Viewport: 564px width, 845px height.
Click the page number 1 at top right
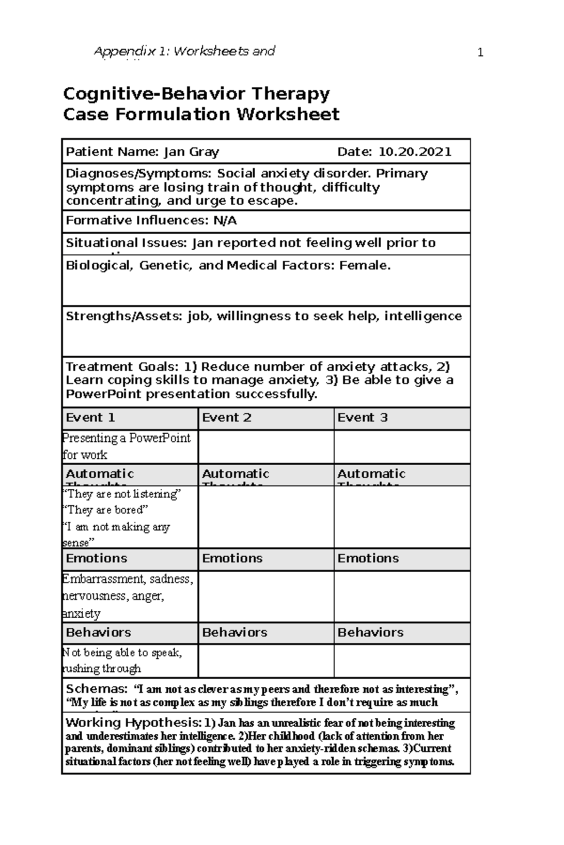tap(480, 53)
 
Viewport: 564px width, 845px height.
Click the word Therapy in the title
tap(290, 94)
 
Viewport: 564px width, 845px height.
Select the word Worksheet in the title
tap(288, 114)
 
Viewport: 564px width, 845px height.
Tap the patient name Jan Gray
tap(191, 152)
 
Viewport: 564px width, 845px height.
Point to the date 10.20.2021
tap(415, 152)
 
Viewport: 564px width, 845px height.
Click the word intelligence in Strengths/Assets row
tap(423, 316)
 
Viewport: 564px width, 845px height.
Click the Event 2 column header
tap(227, 417)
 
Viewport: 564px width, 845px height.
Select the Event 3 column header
tap(362, 417)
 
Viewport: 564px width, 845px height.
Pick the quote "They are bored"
tap(105, 510)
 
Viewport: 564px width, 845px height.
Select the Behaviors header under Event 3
tap(370, 632)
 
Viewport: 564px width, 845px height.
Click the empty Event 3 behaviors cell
tap(402, 661)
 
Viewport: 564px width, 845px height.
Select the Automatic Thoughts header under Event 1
tap(100, 474)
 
